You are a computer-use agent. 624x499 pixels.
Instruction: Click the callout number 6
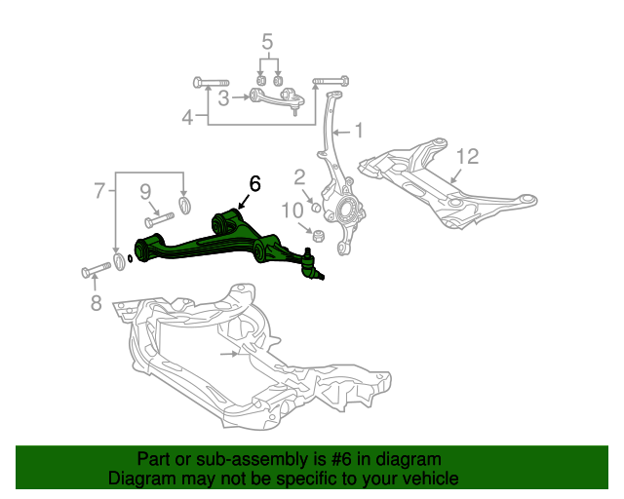coord(254,184)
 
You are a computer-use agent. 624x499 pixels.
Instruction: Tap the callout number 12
coord(467,156)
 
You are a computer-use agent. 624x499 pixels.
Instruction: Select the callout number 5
coord(267,42)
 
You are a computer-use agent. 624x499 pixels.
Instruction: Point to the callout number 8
coord(96,302)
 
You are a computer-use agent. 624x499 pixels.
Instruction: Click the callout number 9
coord(145,192)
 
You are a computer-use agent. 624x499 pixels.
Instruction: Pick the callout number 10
coord(292,211)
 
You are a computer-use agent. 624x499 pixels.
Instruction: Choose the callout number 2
coord(299,177)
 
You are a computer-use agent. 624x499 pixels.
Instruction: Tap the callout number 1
coord(359,131)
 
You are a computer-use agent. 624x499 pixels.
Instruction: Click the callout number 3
coord(224,97)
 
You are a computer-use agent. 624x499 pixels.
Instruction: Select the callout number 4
coord(187,117)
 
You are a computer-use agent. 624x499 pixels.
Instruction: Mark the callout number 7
coord(99,191)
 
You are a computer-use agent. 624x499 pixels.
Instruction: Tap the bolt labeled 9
coord(159,219)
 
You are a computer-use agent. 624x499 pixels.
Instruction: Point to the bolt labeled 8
coord(97,269)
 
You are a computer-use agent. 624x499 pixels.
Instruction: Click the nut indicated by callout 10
coord(319,236)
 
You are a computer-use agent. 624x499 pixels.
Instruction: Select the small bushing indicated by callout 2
coord(316,208)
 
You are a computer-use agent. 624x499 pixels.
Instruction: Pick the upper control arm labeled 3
coord(277,98)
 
